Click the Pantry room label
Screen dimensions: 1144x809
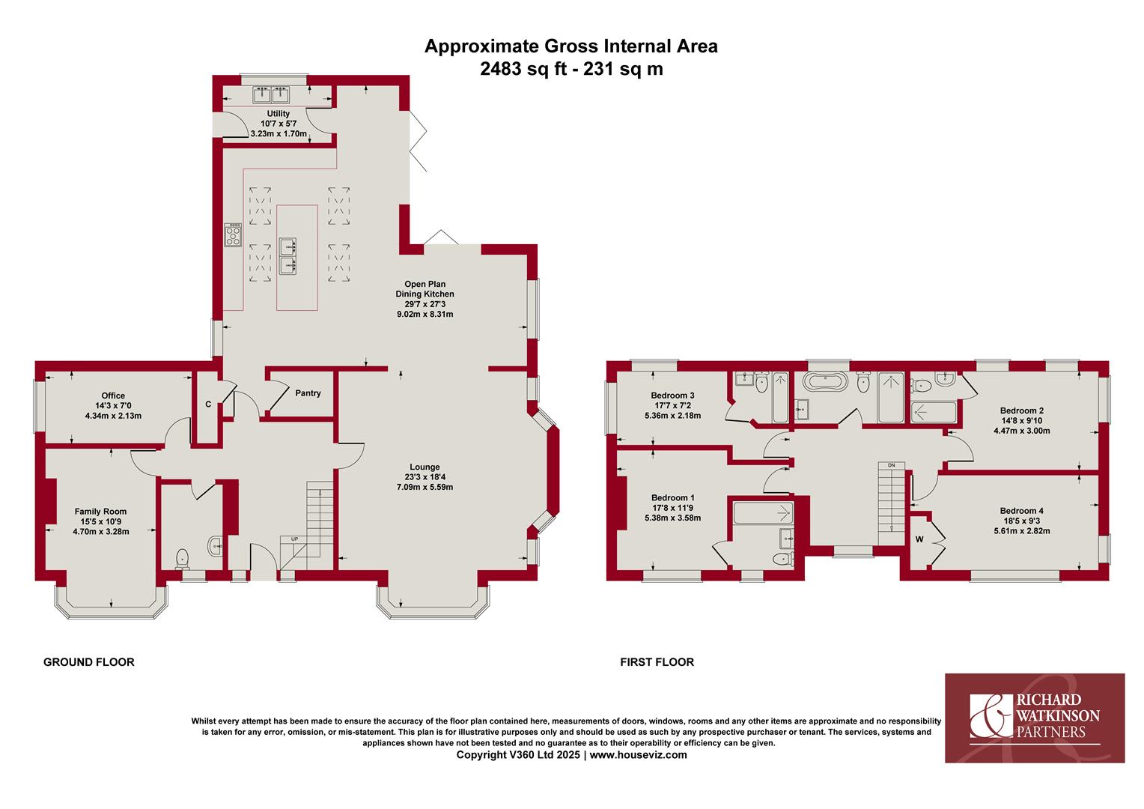(308, 393)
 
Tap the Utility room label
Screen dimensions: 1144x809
(279, 113)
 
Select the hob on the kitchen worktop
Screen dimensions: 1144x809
(233, 235)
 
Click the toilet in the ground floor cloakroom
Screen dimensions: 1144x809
(183, 559)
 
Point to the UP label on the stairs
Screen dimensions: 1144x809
(294, 539)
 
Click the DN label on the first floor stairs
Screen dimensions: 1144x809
(891, 465)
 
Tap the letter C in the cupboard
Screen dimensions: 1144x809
(208, 404)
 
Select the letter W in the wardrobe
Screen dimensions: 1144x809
(919, 539)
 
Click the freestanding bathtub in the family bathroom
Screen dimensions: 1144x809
(825, 381)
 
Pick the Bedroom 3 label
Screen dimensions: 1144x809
(672, 395)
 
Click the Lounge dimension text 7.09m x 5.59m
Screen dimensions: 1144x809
(425, 487)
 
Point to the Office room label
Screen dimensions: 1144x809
(113, 396)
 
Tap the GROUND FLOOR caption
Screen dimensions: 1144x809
(89, 662)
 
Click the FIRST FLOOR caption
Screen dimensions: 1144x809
(657, 662)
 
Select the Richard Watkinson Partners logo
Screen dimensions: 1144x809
(1035, 718)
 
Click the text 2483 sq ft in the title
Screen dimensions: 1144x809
(523, 68)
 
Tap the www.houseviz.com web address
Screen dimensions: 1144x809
(639, 755)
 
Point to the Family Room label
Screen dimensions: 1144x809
(100, 511)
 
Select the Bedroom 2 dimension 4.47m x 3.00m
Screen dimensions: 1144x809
(1022, 431)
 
